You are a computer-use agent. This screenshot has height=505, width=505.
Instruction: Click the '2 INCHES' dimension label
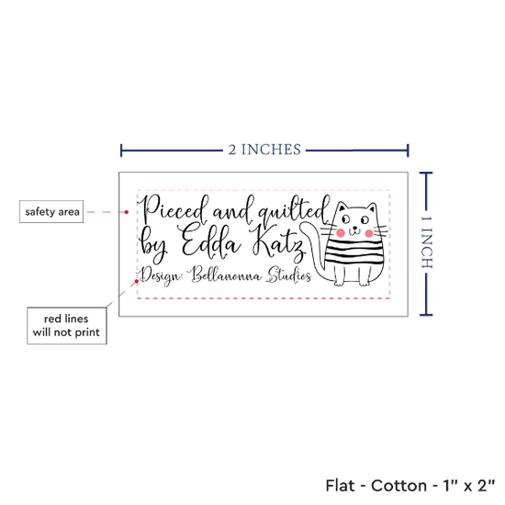click(x=264, y=150)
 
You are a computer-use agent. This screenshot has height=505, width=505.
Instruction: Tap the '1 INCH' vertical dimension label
click(x=426, y=242)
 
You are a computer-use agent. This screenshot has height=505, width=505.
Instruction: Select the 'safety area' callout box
click(x=51, y=211)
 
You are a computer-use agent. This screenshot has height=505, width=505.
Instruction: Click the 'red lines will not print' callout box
click(x=67, y=326)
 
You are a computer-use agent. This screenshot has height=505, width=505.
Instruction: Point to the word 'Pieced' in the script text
click(x=174, y=210)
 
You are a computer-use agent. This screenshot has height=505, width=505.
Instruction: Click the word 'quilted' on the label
click(x=294, y=210)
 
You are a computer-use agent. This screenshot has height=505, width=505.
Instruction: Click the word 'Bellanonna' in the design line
click(x=225, y=275)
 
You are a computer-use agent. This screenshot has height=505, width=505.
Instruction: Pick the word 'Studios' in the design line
click(x=288, y=275)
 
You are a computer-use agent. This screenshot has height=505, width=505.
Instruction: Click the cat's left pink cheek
click(x=341, y=232)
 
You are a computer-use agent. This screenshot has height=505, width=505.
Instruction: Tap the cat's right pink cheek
click(x=369, y=233)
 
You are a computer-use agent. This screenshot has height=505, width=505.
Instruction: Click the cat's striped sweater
click(x=354, y=253)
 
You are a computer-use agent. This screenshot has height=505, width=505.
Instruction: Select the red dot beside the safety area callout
click(x=127, y=212)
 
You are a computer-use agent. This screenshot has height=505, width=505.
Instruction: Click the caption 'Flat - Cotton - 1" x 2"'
click(x=410, y=486)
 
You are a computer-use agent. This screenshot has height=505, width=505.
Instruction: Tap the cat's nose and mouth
click(x=354, y=230)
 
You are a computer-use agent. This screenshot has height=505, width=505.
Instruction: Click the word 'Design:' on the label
click(x=160, y=275)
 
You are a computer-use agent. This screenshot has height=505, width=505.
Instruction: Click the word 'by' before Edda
click(x=153, y=245)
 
